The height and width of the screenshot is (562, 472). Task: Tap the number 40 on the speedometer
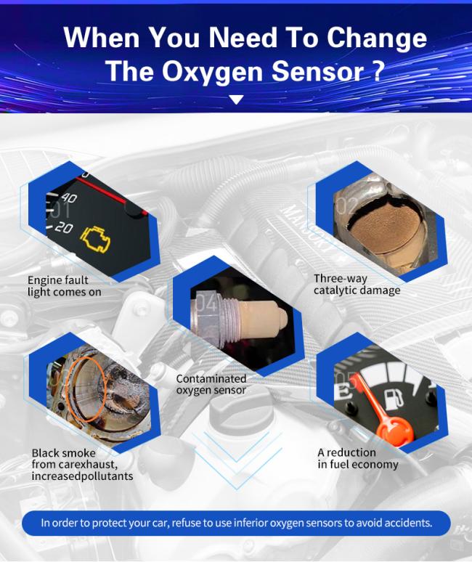click(x=69, y=197)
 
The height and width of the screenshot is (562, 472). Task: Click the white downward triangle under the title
click(x=236, y=99)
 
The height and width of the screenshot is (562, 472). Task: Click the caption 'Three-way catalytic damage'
click(x=357, y=284)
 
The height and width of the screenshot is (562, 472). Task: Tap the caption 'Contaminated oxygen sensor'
click(x=211, y=384)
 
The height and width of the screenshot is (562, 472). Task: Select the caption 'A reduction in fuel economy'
click(x=357, y=458)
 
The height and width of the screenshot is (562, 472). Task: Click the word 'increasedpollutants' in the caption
click(x=81, y=476)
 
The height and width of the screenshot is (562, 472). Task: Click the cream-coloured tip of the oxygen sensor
click(x=259, y=319)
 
